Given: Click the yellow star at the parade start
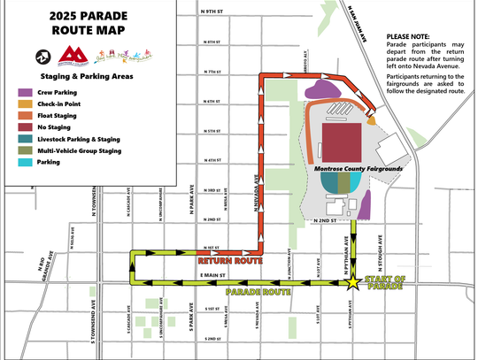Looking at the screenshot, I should pos(353,283).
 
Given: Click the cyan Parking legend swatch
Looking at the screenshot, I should pos(24,163).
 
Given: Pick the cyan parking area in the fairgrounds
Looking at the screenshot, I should pos(356,181).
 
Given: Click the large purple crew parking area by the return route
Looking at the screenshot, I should pos(322,89).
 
